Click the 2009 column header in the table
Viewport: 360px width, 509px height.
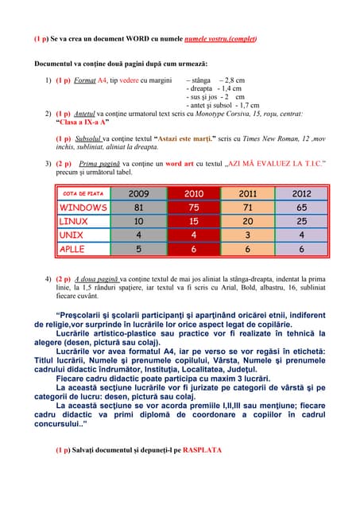pyautogui.click(x=138, y=193)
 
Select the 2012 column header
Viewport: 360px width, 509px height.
pyautogui.click(x=301, y=193)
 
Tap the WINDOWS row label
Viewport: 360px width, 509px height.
pyautogui.click(x=83, y=208)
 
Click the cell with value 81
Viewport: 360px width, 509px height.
pyautogui.click(x=138, y=208)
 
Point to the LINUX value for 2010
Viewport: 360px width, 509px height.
pyautogui.click(x=193, y=221)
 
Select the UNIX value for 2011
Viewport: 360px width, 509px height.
pyautogui.click(x=247, y=235)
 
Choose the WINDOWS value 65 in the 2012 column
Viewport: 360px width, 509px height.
pyautogui.click(x=301, y=208)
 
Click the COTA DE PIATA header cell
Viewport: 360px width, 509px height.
pyautogui.click(x=83, y=193)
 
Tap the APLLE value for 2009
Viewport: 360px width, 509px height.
pyautogui.click(x=138, y=249)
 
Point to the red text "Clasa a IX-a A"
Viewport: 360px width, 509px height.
pyautogui.click(x=83, y=122)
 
